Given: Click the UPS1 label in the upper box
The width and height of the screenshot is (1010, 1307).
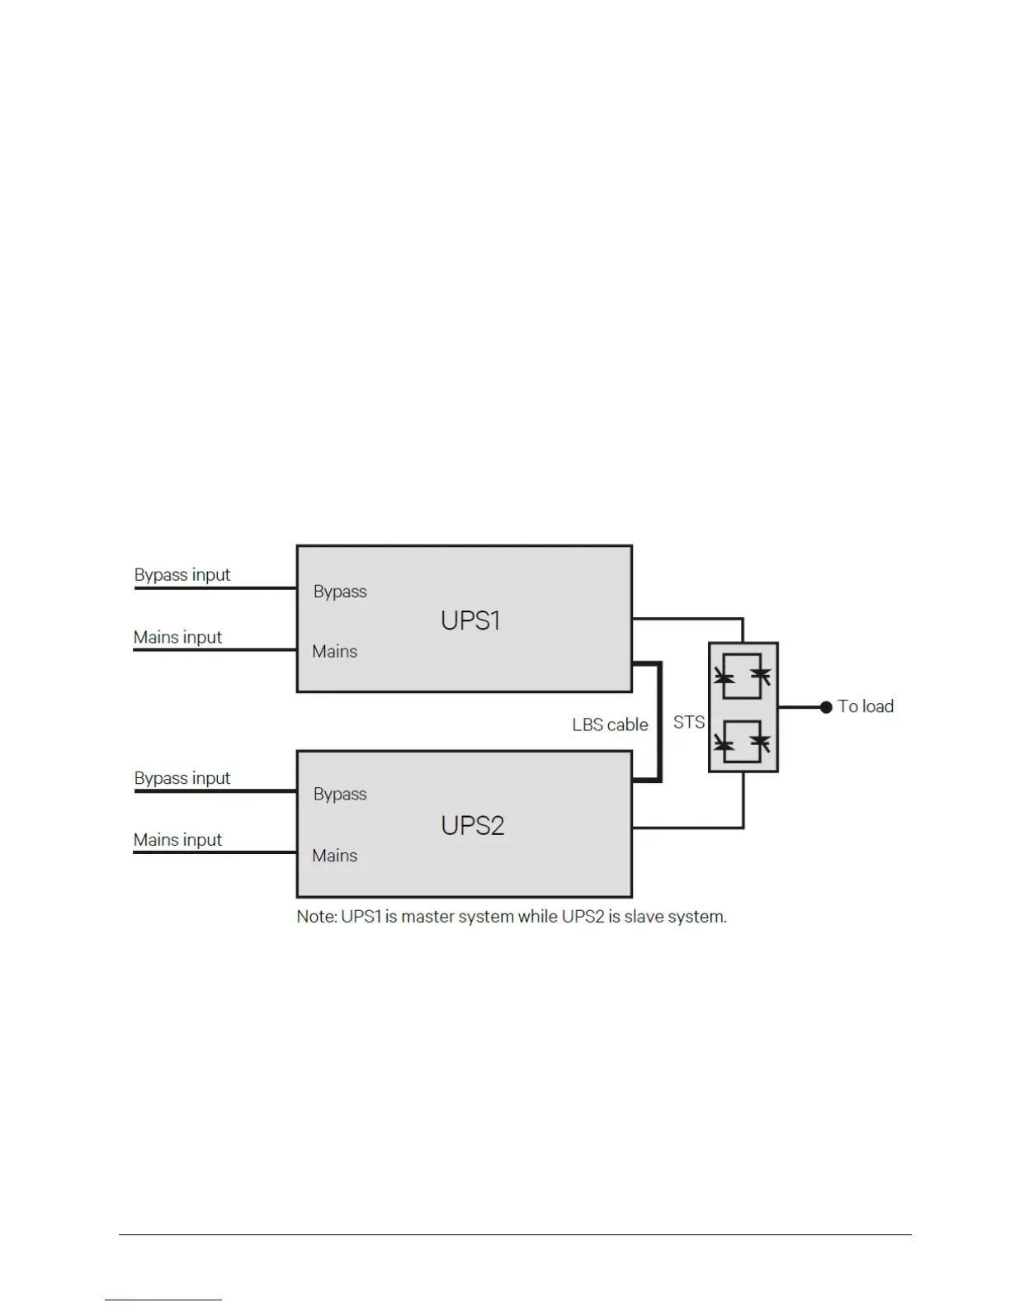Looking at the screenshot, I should coord(470,620).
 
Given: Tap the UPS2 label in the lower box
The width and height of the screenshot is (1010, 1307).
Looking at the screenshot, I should coord(472,825).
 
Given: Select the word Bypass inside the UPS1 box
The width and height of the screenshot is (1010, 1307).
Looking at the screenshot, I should coord(340,592).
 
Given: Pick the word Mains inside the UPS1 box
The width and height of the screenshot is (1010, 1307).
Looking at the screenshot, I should coord(334,652).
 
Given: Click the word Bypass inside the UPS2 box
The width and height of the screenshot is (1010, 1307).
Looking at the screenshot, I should coord(340,794).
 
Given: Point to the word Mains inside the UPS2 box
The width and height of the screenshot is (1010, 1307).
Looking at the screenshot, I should coord(334,856).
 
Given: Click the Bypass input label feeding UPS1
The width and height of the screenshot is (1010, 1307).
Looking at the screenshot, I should coord(182,575).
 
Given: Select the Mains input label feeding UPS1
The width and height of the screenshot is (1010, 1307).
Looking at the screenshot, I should coord(177,637).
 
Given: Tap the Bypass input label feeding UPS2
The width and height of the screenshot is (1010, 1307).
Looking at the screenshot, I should coord(182,778).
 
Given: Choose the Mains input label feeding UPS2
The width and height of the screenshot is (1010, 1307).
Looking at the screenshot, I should coord(177,840).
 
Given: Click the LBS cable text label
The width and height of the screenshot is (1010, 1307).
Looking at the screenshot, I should coord(610,724).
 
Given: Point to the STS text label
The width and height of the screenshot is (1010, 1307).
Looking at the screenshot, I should coord(689,722).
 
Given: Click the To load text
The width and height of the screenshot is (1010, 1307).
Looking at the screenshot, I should coord(866,706).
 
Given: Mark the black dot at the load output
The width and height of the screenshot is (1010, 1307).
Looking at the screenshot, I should coord(826,707).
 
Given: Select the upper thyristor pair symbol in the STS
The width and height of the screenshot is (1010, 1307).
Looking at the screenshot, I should coord(743,677).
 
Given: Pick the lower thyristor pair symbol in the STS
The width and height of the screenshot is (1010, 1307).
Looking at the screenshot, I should coord(743,741).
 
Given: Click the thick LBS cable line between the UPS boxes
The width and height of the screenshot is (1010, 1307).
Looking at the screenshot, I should coord(660,722).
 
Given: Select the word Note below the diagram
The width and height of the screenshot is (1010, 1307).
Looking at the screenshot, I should coord(315,917).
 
